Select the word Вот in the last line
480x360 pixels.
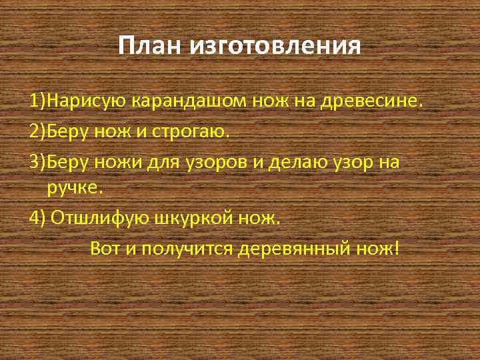point(103,249)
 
